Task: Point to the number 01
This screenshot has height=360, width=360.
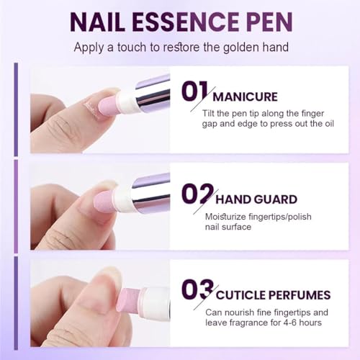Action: tap(194, 94)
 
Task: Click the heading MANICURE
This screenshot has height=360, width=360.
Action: tap(247, 96)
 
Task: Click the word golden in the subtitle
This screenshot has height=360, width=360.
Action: tap(240, 49)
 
